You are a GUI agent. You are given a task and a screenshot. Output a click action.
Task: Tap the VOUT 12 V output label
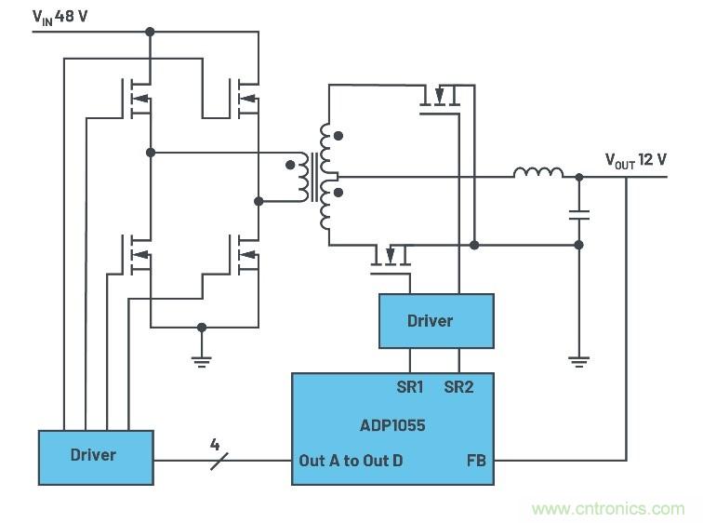click(636, 160)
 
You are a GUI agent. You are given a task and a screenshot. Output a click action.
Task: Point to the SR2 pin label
click(458, 386)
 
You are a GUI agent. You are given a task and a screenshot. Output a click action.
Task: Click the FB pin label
click(475, 461)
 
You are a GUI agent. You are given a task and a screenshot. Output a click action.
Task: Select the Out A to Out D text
click(351, 461)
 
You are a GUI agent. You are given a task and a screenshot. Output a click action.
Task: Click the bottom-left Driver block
click(94, 456)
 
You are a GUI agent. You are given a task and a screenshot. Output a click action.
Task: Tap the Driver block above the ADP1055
click(435, 321)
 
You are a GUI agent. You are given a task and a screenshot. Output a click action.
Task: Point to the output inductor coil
click(538, 173)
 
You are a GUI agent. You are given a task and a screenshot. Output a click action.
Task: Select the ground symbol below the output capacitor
click(578, 361)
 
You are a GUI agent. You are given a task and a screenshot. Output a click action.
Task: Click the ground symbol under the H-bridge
click(202, 359)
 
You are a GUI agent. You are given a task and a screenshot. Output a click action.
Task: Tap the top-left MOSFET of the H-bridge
click(139, 98)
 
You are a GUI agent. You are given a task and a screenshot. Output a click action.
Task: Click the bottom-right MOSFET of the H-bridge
click(247, 256)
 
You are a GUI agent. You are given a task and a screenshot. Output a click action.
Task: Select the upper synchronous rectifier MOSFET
click(441, 97)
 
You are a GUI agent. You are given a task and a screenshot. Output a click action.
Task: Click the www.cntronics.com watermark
click(608, 509)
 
